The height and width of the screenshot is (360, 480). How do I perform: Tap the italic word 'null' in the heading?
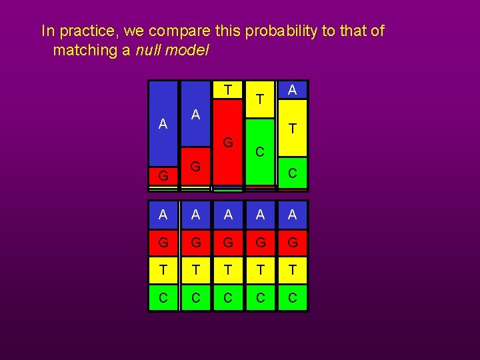pyautogui.click(x=151, y=50)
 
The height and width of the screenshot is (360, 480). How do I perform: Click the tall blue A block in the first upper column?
pyautogui.click(x=163, y=123)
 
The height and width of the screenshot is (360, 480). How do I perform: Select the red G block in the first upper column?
pyautogui.click(x=163, y=176)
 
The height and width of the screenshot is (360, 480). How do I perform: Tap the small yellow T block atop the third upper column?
pyautogui.click(x=228, y=89)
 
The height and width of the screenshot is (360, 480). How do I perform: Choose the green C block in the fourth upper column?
pyautogui.click(x=260, y=151)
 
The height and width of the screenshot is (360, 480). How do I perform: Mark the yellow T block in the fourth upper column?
pyautogui.click(x=260, y=99)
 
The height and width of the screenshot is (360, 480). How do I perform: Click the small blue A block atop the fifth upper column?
pyautogui.click(x=293, y=89)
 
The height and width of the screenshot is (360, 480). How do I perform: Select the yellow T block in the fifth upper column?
pyautogui.click(x=293, y=128)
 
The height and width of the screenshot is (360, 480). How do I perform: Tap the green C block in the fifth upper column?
pyautogui.click(x=293, y=173)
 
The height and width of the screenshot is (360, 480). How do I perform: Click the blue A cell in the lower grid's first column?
pyautogui.click(x=163, y=214)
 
